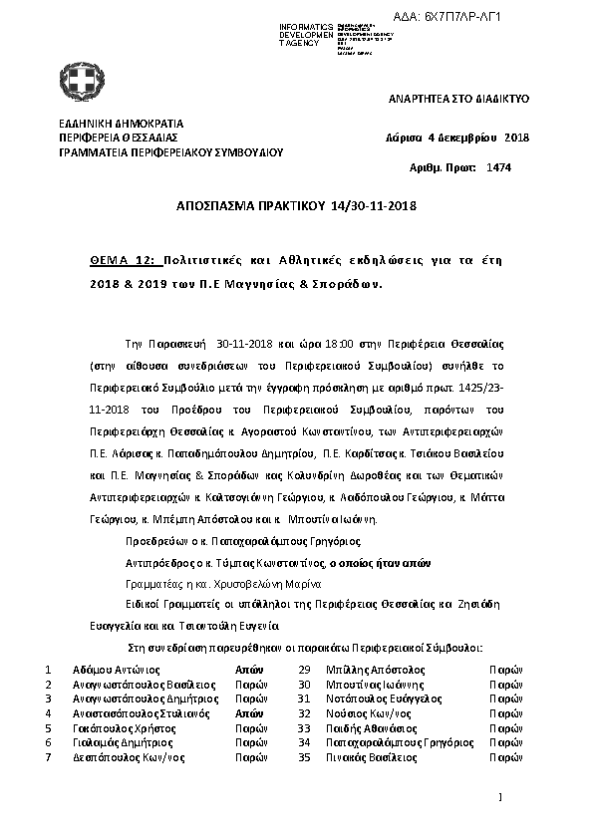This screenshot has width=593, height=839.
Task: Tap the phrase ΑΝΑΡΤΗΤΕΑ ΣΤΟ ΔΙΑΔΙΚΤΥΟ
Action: [457, 100]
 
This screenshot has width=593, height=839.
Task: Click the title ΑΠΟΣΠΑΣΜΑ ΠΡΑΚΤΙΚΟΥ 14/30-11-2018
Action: [296, 207]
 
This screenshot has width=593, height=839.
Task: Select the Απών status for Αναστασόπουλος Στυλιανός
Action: [248, 714]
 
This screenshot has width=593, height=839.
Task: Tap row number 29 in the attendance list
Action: [305, 671]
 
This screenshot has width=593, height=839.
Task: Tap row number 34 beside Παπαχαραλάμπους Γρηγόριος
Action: [305, 743]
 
